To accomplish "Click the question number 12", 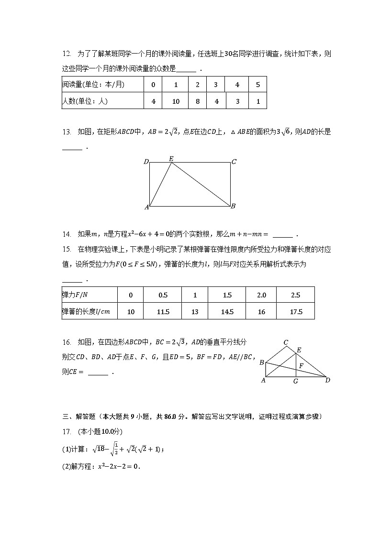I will [x=67, y=54].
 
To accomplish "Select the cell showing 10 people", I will [x=176, y=101].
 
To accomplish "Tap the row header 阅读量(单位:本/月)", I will [x=93, y=85].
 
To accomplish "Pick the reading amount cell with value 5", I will [x=258, y=85].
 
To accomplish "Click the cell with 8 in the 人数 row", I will [x=197, y=101].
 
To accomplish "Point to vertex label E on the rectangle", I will [x=171, y=158].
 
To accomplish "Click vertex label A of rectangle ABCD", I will [x=146, y=207].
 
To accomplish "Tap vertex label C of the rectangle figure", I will [x=234, y=162].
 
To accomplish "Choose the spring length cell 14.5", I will [x=227, y=312].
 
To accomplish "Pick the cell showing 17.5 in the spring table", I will [x=296, y=312].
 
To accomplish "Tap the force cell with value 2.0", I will [x=261, y=295].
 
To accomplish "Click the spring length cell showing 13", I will [x=195, y=312].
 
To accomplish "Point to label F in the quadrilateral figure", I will [x=301, y=366].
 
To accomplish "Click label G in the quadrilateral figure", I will [x=296, y=381].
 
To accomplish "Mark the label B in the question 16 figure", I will [x=262, y=362].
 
